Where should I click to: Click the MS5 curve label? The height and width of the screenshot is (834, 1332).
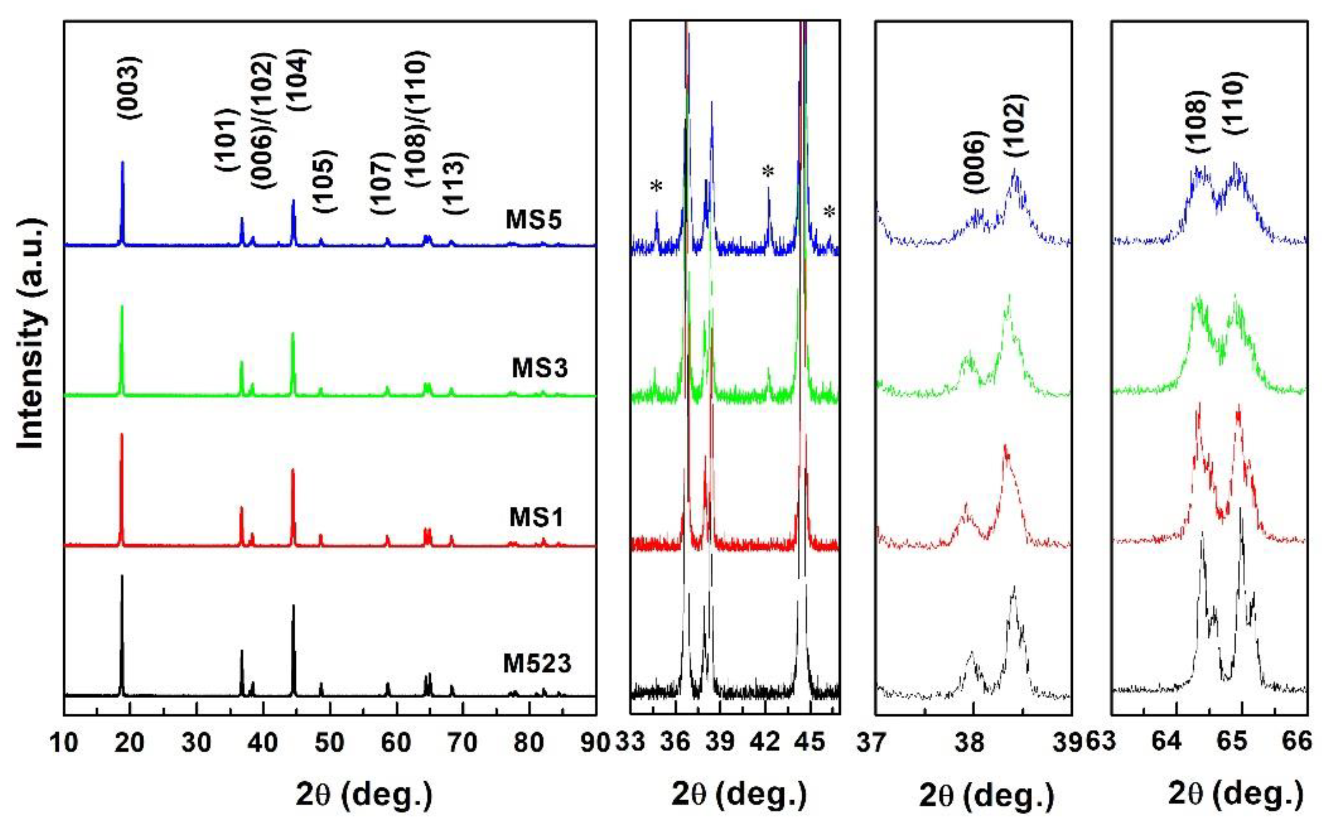pyautogui.click(x=534, y=220)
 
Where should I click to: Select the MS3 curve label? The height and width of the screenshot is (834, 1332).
pyautogui.click(x=540, y=368)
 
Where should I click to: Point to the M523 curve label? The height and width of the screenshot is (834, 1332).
pyautogui.click(x=537, y=663)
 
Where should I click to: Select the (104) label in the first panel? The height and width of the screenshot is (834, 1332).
pyautogui.click(x=300, y=80)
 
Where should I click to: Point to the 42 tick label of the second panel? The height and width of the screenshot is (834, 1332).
pyautogui.click(x=766, y=743)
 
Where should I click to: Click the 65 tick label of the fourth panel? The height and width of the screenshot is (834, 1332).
pyautogui.click(x=1233, y=743)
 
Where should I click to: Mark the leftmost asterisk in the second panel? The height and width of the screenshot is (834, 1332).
pyautogui.click(x=656, y=187)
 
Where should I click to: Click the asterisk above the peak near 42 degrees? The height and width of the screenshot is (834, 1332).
pyautogui.click(x=768, y=172)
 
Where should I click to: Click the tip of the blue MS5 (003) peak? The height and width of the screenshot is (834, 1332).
pyautogui.click(x=122, y=162)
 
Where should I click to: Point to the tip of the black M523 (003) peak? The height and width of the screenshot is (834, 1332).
pyautogui.click(x=122, y=575)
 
